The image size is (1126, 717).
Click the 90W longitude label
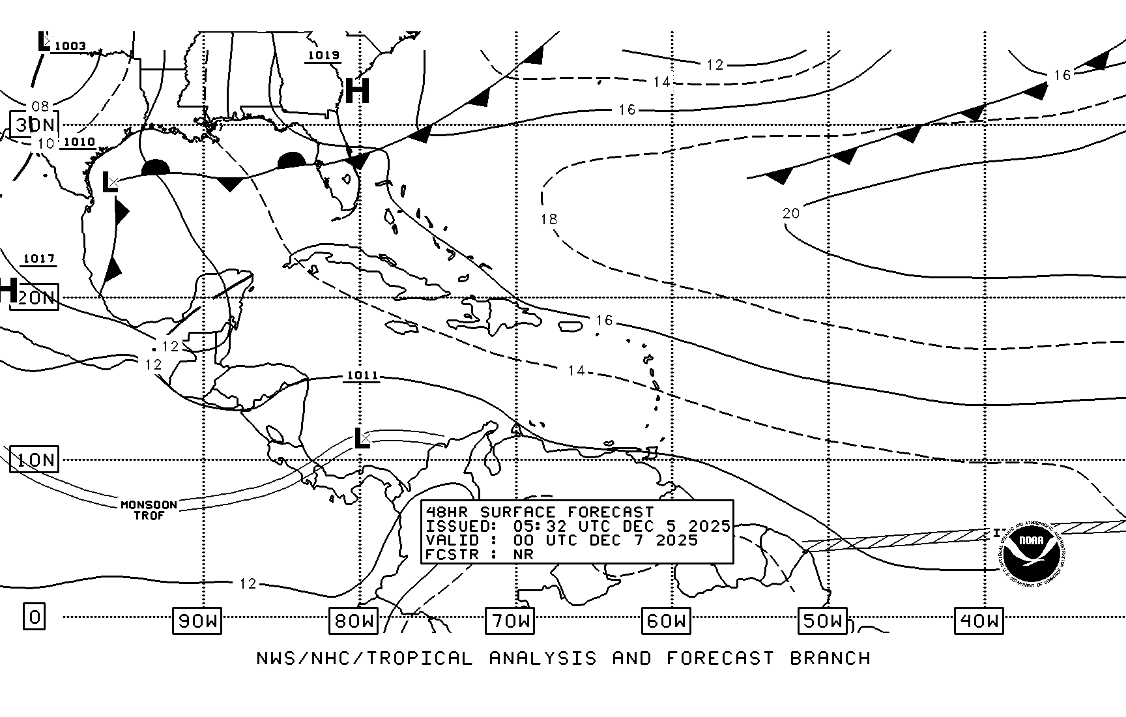click(x=197, y=621)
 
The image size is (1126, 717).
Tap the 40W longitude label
click(x=979, y=621)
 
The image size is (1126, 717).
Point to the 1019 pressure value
click(x=323, y=55)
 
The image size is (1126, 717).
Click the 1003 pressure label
click(x=70, y=46)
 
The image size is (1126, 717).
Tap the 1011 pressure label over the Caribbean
click(x=362, y=375)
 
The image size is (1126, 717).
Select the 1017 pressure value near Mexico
click(x=39, y=259)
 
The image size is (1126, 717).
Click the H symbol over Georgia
click(x=357, y=91)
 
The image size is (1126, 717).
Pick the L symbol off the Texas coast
click(x=110, y=182)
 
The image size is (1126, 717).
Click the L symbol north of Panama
click(x=361, y=438)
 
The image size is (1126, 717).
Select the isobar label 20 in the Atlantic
click(x=790, y=213)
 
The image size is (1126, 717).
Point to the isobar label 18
click(x=549, y=219)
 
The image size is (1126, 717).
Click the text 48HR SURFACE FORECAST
click(x=540, y=512)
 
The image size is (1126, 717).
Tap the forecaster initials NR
click(x=523, y=555)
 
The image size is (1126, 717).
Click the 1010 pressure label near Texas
click(x=79, y=141)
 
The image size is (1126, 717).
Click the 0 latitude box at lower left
click(x=35, y=616)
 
